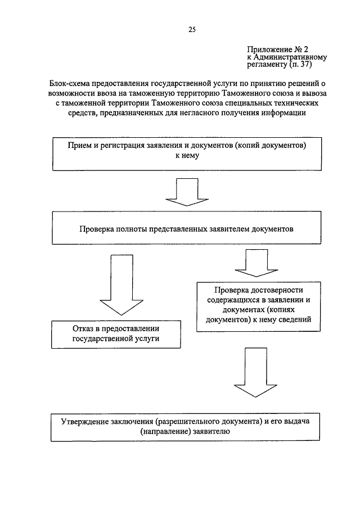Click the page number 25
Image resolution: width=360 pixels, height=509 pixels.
[x=191, y=29]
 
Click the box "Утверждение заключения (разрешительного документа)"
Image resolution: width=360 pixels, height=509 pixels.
[x=186, y=427]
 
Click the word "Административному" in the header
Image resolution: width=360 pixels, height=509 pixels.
[x=291, y=57]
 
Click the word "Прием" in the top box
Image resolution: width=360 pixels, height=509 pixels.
[x=79, y=145]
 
